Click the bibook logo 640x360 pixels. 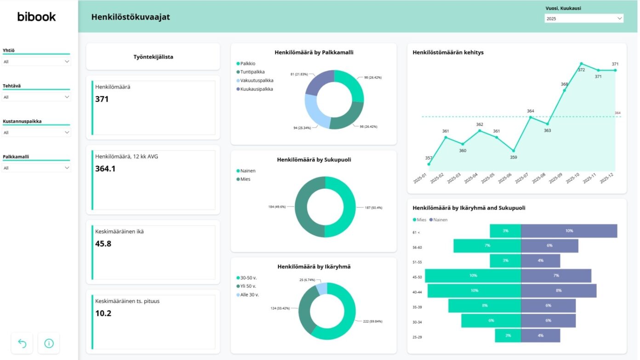(x=36, y=17)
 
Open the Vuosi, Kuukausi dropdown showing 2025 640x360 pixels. (x=583, y=19)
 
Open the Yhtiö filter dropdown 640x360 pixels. (x=36, y=62)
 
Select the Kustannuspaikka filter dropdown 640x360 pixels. (x=36, y=132)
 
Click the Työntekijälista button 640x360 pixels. (x=153, y=57)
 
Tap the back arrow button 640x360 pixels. (x=22, y=343)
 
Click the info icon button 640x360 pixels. (x=49, y=343)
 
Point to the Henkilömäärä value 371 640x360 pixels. (x=102, y=99)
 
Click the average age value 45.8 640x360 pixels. (x=103, y=244)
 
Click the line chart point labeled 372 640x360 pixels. (x=582, y=63)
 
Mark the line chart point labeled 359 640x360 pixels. (x=514, y=150)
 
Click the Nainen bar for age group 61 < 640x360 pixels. (x=569, y=231)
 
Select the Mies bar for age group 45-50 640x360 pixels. (x=473, y=276)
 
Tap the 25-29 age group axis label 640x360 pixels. (x=417, y=337)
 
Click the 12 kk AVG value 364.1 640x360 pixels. (x=105, y=169)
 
